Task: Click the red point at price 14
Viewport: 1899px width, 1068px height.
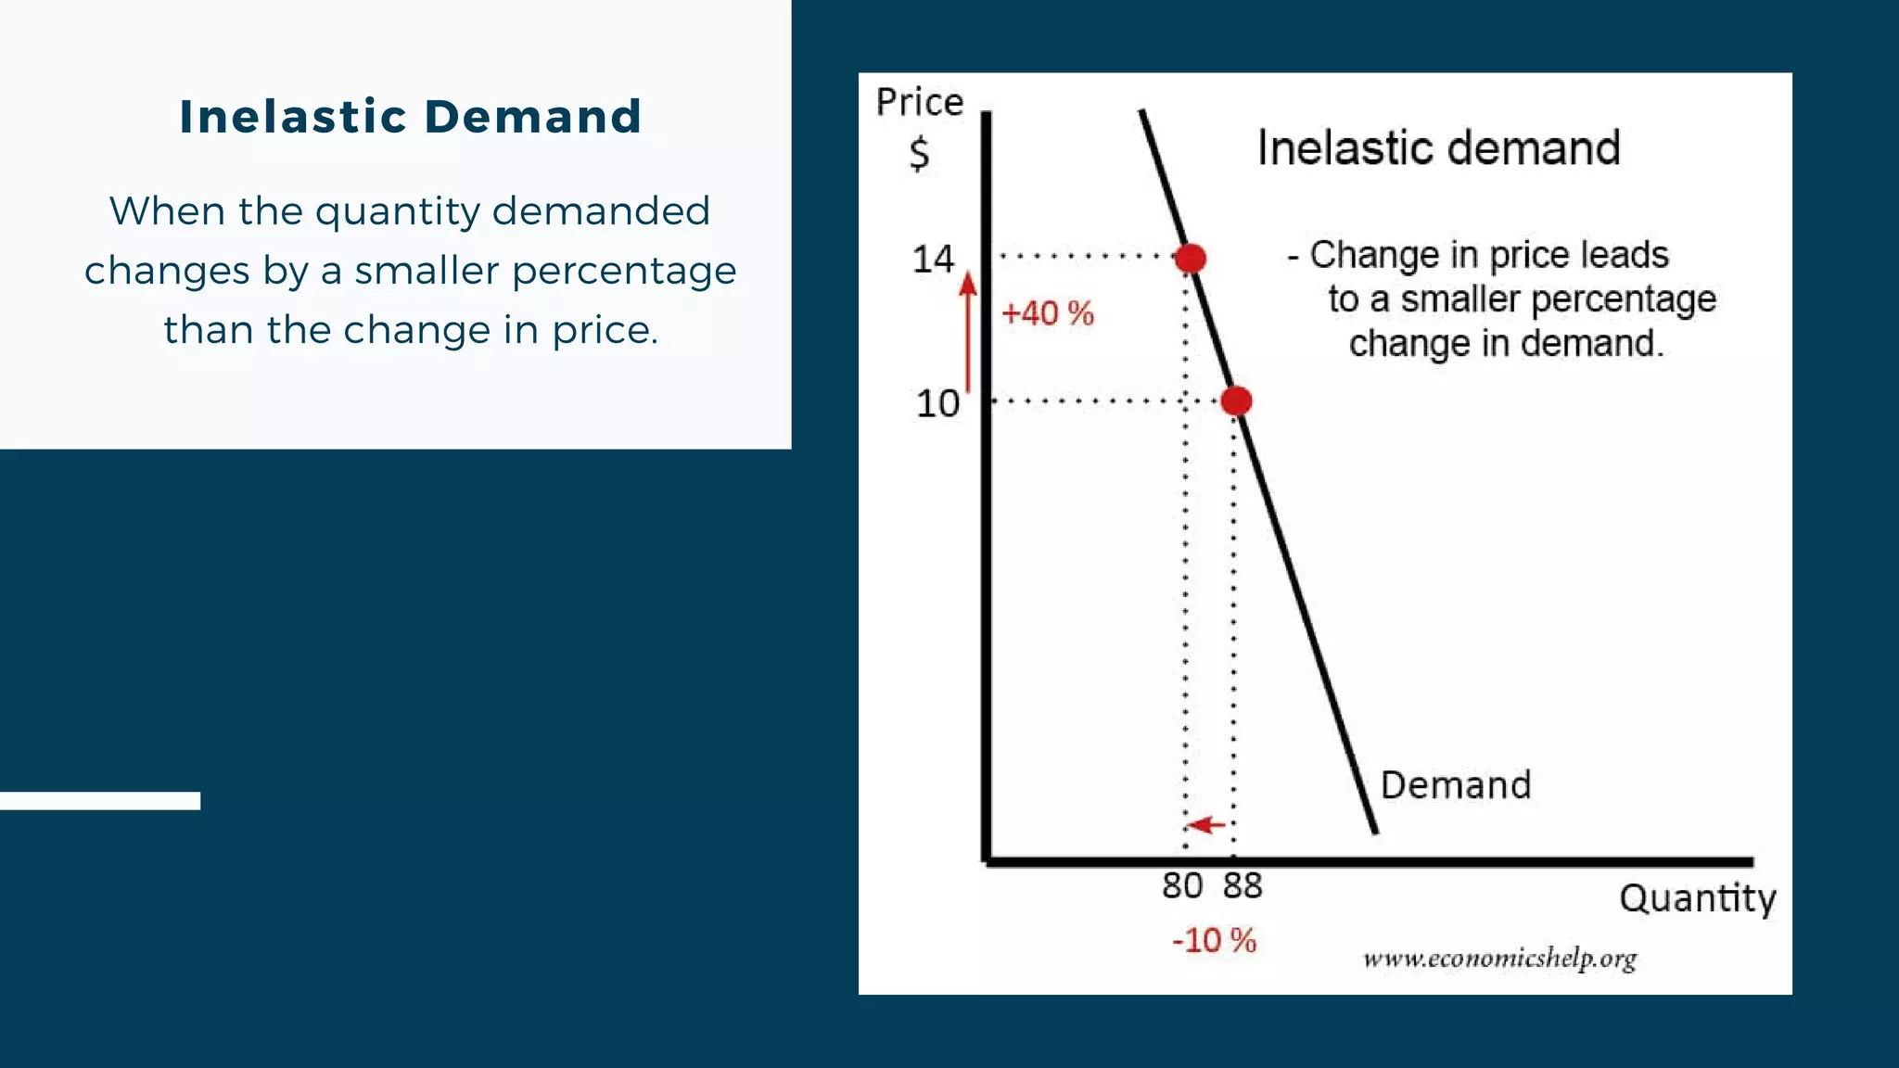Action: pyautogui.click(x=1191, y=258)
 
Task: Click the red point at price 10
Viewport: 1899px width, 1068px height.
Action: pyautogui.click(x=1236, y=400)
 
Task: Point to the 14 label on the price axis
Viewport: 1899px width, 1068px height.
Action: pyautogui.click(x=933, y=260)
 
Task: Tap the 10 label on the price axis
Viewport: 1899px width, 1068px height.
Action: pyautogui.click(x=937, y=404)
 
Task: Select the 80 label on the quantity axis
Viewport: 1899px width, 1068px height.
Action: pyautogui.click(x=1182, y=886)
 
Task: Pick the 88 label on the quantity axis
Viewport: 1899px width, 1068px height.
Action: pyautogui.click(x=1243, y=886)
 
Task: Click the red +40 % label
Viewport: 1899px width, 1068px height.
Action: pyautogui.click(x=1048, y=313)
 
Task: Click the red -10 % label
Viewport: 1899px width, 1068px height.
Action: pyautogui.click(x=1214, y=941)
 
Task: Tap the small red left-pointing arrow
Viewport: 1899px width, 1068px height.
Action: pyautogui.click(x=1206, y=824)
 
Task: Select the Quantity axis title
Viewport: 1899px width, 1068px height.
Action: pyautogui.click(x=1697, y=899)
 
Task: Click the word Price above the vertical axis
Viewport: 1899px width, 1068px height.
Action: pyautogui.click(x=920, y=102)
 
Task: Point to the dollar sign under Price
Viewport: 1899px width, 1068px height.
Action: pyautogui.click(x=919, y=153)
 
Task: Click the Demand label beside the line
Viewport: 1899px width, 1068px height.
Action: pyautogui.click(x=1455, y=785)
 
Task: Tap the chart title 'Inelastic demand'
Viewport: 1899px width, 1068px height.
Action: pyautogui.click(x=1438, y=148)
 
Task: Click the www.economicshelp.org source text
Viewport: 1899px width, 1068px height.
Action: pyautogui.click(x=1499, y=959)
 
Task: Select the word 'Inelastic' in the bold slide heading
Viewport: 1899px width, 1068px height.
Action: pyautogui.click(x=293, y=117)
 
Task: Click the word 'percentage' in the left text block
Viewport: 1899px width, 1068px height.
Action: pyautogui.click(x=624, y=271)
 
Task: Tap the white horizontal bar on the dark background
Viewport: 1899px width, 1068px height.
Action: pyautogui.click(x=99, y=801)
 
